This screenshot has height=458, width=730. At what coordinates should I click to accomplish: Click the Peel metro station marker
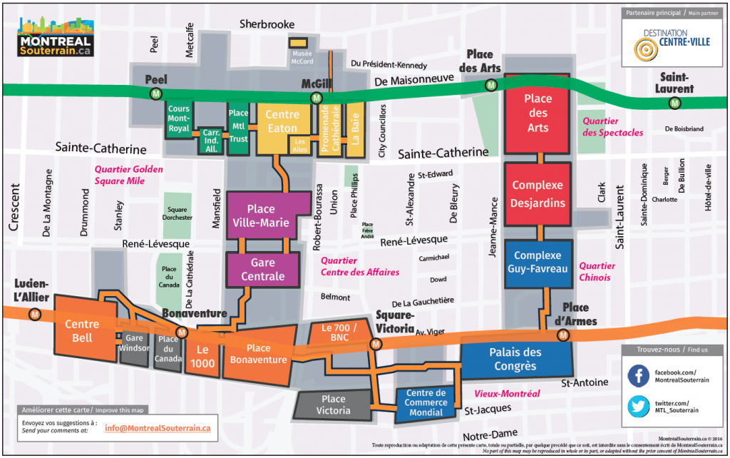(155, 94)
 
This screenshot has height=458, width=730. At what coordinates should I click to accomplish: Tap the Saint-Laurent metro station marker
(674, 103)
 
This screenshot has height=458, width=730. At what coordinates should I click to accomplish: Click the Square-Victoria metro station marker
(374, 344)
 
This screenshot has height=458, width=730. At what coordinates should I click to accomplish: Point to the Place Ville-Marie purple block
(260, 216)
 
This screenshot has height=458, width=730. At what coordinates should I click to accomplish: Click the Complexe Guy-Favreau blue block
(542, 262)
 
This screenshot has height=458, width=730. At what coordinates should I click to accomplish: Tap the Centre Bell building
(82, 331)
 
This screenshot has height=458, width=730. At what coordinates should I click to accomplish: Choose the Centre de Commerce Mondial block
(426, 402)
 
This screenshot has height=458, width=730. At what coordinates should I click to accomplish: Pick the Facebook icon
(638, 376)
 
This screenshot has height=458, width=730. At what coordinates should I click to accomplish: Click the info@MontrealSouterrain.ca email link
(158, 428)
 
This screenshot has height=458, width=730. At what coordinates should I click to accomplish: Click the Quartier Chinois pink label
(597, 271)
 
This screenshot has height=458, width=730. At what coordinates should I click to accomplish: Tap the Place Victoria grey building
(333, 404)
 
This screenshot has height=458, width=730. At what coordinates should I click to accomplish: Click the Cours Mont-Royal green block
(178, 119)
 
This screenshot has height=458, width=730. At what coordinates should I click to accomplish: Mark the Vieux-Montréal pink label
(507, 393)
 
